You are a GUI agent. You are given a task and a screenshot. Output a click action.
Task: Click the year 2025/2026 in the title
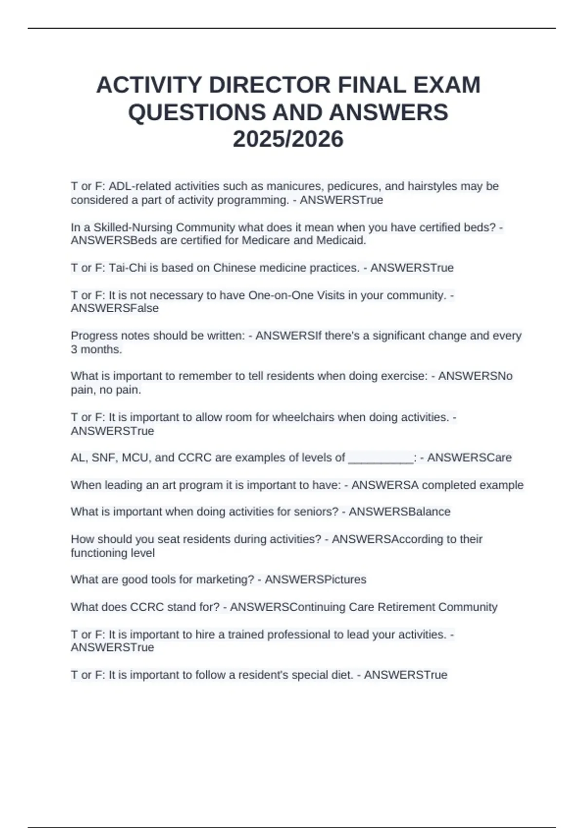click(x=288, y=139)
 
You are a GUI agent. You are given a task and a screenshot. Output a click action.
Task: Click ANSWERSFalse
click(x=115, y=308)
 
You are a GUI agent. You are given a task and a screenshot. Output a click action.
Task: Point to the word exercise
click(x=405, y=376)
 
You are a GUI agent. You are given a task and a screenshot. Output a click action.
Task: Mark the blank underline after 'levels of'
click(x=381, y=458)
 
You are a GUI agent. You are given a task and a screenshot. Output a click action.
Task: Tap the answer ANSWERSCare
click(x=469, y=458)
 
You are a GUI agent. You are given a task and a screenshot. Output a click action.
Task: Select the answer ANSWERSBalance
click(x=400, y=512)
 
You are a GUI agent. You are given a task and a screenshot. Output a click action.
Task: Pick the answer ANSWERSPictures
click(x=315, y=580)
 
